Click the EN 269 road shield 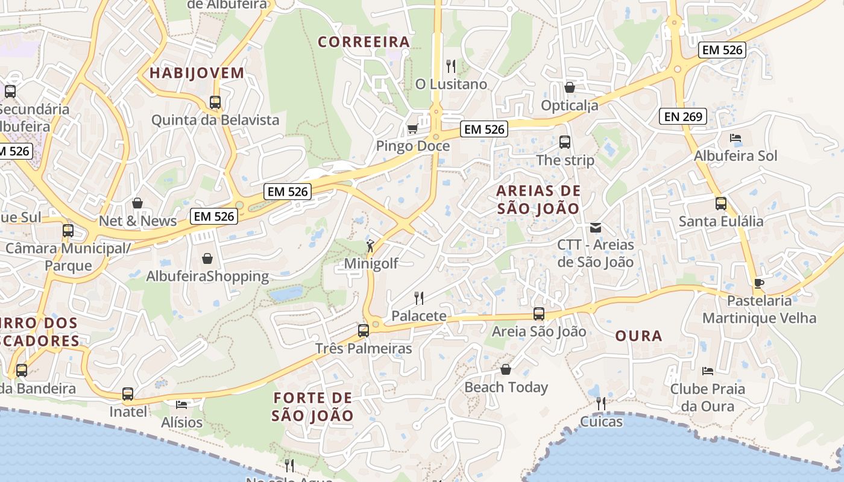pyautogui.click(x=684, y=116)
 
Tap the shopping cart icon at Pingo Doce pyautogui.click(x=413, y=128)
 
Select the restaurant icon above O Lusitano pyautogui.click(x=451, y=66)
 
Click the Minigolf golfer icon pyautogui.click(x=370, y=246)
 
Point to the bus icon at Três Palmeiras pyautogui.click(x=364, y=330)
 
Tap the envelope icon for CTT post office pyautogui.click(x=596, y=227)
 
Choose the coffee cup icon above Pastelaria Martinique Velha pyautogui.click(x=759, y=283)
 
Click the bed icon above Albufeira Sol pyautogui.click(x=735, y=138)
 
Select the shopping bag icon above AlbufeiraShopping pyautogui.click(x=207, y=258)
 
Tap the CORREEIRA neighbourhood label pyautogui.click(x=364, y=42)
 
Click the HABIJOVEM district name pyautogui.click(x=197, y=73)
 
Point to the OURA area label pyautogui.click(x=639, y=336)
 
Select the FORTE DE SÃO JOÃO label pyautogui.click(x=312, y=407)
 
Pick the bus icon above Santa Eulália pyautogui.click(x=721, y=203)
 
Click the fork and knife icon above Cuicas pyautogui.click(x=601, y=403)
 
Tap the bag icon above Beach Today pyautogui.click(x=506, y=369)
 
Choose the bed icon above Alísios pyautogui.click(x=181, y=404)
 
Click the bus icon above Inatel pyautogui.click(x=128, y=394)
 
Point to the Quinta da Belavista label pyautogui.click(x=215, y=120)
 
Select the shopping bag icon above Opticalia pyautogui.click(x=570, y=88)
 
